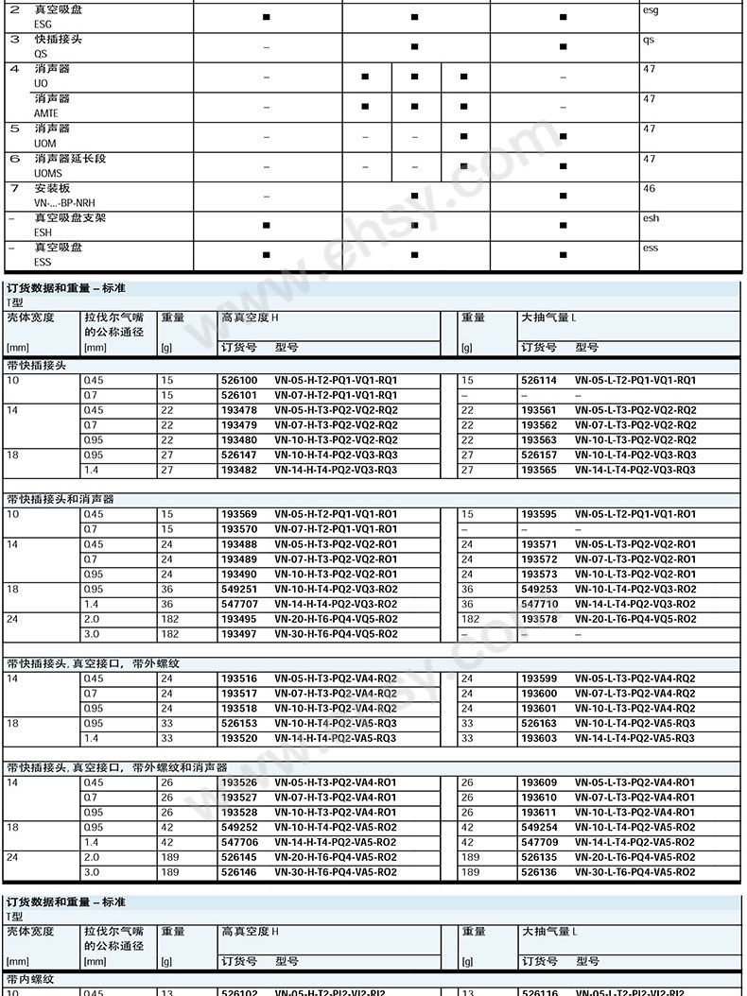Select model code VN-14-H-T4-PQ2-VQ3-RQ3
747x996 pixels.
click(336, 471)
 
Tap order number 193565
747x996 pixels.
click(538, 471)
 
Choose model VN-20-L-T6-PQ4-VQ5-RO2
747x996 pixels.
click(635, 620)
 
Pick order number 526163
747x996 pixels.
click(538, 724)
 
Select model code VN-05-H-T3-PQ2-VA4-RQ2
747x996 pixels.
click(336, 678)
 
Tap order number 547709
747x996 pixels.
click(538, 843)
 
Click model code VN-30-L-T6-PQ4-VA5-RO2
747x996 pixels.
click(635, 872)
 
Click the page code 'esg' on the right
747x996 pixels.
click(651, 10)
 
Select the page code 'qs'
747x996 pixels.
click(649, 41)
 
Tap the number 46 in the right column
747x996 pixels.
click(649, 189)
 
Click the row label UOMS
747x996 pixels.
click(48, 174)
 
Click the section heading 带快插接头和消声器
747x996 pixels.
click(61, 499)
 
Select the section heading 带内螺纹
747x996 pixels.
click(30, 980)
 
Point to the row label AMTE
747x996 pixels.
click(46, 113)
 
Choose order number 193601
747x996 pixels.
click(538, 709)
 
